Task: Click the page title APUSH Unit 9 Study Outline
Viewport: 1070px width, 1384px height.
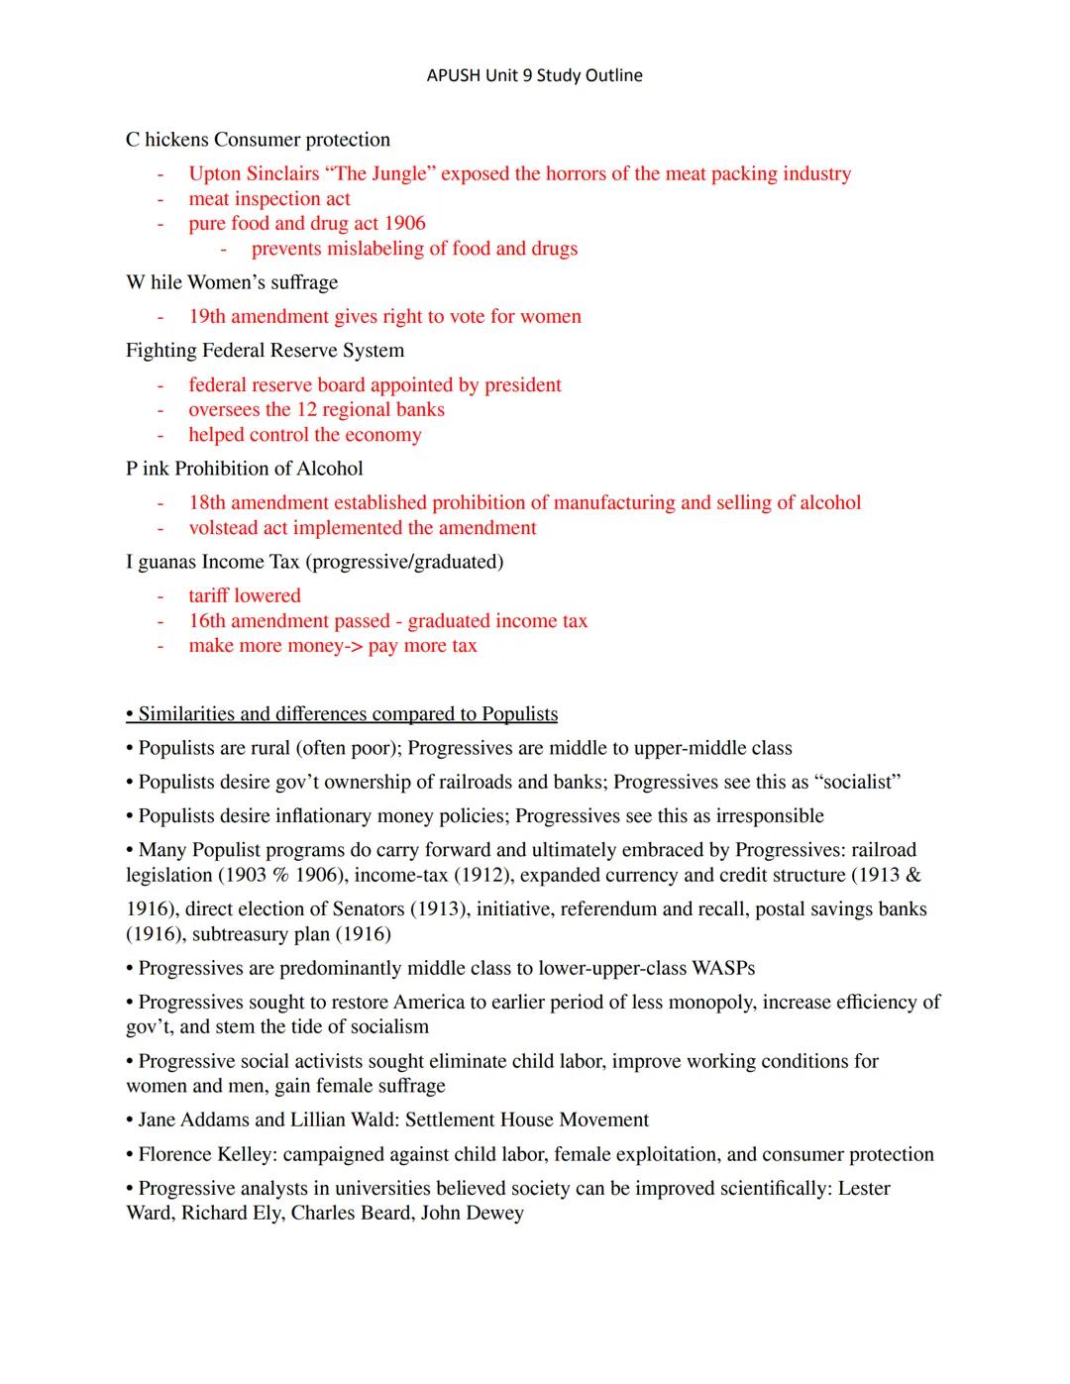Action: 534,75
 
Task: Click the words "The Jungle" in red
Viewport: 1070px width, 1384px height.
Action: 380,174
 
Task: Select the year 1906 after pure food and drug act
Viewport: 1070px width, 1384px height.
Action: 404,224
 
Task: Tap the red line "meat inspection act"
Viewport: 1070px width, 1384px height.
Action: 269,199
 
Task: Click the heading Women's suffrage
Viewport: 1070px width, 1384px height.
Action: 263,283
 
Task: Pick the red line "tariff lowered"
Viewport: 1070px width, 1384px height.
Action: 245,596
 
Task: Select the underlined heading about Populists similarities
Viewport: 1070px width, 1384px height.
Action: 342,714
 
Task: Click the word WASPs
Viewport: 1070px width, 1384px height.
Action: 723,969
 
